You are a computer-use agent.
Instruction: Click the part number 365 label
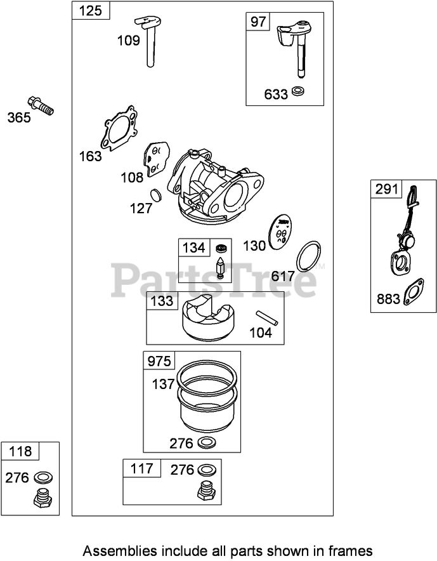pyautogui.click(x=19, y=117)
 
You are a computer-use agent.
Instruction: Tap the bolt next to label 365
pyautogui.click(x=41, y=105)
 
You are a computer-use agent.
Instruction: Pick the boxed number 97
pyautogui.click(x=258, y=22)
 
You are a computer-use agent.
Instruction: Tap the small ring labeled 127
pyautogui.click(x=156, y=194)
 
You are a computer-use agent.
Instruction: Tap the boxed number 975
pyautogui.click(x=159, y=361)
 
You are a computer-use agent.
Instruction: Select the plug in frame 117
pyautogui.click(x=207, y=490)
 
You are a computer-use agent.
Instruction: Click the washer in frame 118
pyautogui.click(x=42, y=477)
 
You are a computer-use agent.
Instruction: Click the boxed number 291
pyautogui.click(x=387, y=188)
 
